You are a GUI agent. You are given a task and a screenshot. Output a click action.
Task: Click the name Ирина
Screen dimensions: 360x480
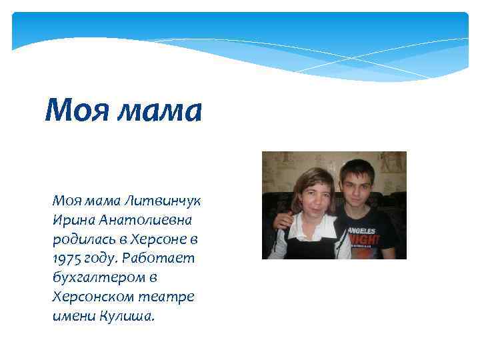pos(73,219)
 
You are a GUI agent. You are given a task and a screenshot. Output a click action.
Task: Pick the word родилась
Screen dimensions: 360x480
pos(82,239)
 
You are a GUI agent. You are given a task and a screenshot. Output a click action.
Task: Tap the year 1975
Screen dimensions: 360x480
pos(67,258)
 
